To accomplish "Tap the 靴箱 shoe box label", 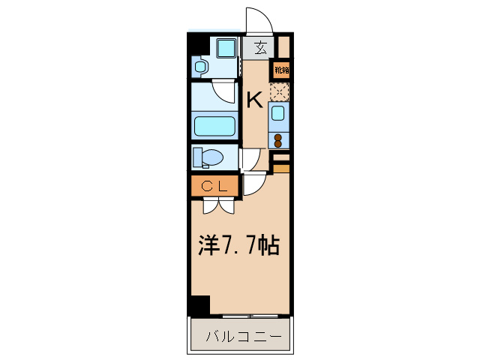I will tap(280, 70).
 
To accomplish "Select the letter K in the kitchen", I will tap(254, 100).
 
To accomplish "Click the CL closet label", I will tap(214, 185).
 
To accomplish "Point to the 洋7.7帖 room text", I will tap(238, 245).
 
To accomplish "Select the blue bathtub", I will tap(214, 124).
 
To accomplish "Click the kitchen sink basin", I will tap(277, 113).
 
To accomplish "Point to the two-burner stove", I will tap(277, 139).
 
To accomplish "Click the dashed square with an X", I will tap(278, 93).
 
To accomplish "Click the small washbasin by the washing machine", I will tap(199, 67).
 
